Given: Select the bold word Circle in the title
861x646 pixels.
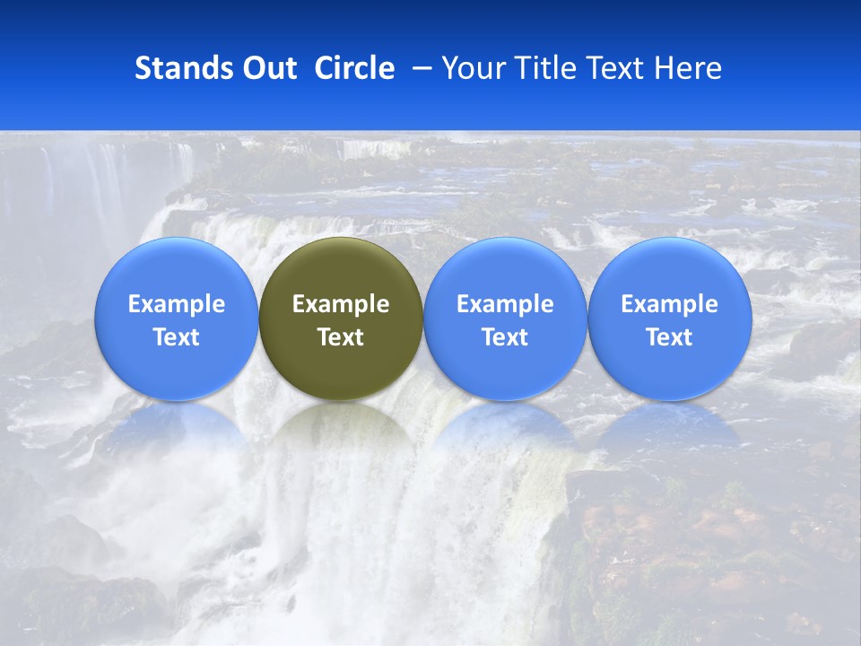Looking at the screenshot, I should [354, 68].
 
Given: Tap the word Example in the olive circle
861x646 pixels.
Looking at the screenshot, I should [341, 304].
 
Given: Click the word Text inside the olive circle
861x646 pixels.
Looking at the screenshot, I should [341, 337].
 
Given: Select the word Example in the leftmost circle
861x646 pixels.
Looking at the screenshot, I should [177, 304].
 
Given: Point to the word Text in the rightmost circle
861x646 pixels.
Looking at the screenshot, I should [670, 337].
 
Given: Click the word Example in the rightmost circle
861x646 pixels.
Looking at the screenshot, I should [670, 304].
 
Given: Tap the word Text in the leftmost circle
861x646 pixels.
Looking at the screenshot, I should [177, 337].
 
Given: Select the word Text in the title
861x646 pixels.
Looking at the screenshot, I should [617, 68].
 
